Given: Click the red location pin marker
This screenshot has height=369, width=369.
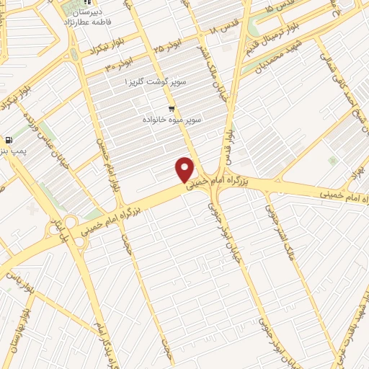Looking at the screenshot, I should (185, 169).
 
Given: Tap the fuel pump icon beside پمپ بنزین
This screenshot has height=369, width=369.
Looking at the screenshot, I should (8, 141).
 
